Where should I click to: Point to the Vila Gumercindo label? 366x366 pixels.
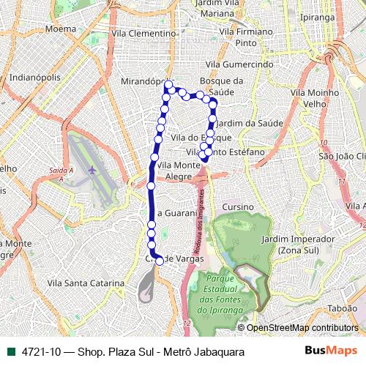tap(239, 64)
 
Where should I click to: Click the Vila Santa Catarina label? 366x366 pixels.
tap(78, 282)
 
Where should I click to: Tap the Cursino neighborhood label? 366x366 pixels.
tap(236, 207)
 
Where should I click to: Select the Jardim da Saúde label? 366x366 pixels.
tap(244, 122)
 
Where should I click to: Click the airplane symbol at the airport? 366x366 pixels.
tap(91, 170)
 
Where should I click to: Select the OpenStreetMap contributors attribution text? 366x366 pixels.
tap(302, 328)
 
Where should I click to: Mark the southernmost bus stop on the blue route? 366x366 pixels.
tap(160, 261)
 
